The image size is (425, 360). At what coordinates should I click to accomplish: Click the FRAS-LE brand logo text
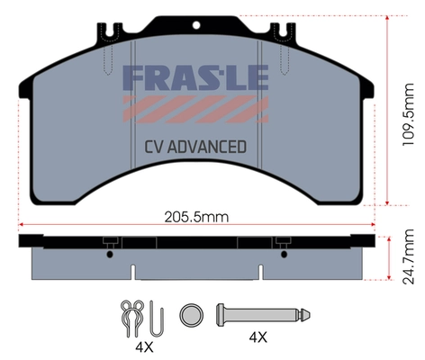coord(194,77)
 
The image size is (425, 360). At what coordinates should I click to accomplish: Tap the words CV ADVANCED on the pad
coord(195,147)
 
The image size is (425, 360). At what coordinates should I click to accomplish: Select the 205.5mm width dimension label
coord(195,217)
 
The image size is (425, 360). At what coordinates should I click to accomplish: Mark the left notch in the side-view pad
coord(133,270)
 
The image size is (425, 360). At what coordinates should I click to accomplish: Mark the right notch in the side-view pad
coord(260,270)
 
